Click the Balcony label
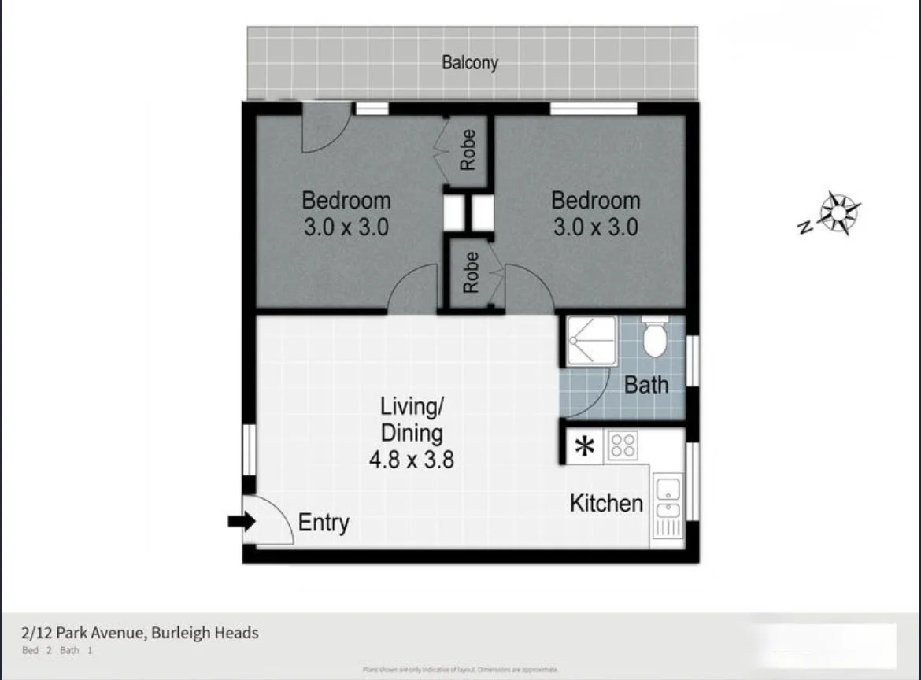click(470, 62)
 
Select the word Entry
click(323, 523)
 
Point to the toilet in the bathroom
click(654, 338)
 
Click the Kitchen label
click(606, 504)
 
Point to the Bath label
click(645, 385)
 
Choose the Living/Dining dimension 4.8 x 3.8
click(411, 459)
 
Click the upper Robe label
click(468, 150)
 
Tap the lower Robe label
click(470, 273)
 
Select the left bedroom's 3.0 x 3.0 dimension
click(346, 227)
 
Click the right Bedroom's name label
click(595, 200)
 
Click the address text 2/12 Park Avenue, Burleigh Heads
click(140, 632)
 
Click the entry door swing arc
click(272, 519)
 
